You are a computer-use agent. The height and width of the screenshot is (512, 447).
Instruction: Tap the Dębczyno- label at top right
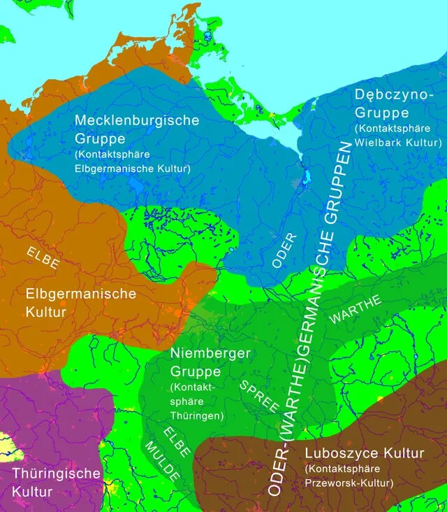[388, 94]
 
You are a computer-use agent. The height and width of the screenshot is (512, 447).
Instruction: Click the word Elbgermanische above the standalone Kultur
[80, 294]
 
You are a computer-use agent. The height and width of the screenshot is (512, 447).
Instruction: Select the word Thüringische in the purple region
[56, 474]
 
